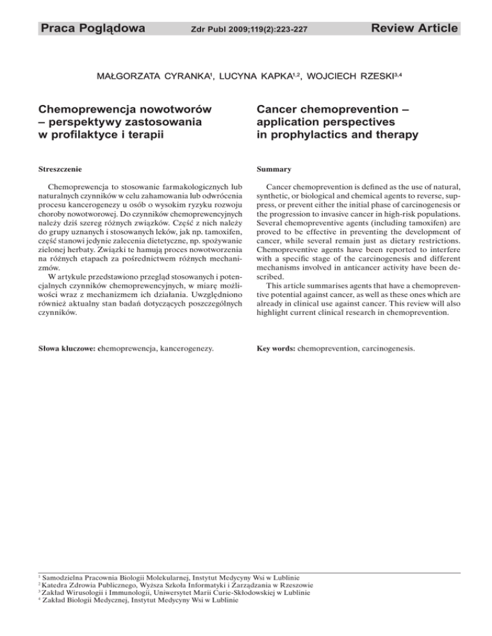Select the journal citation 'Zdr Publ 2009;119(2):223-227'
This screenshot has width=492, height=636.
(x=245, y=29)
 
